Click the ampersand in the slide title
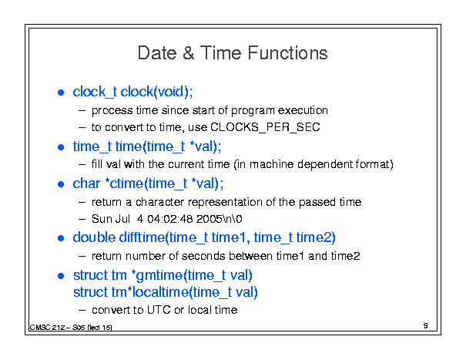pos(189,53)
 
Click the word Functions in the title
pos(287,53)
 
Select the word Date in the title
pos(157,53)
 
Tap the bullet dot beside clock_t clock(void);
pos(61,93)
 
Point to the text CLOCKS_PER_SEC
pos(265,127)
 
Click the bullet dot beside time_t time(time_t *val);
pos(61,147)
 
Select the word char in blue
pos(86,183)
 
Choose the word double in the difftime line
pos(94,237)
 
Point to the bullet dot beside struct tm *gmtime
pos(61,276)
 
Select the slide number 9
pos(426,325)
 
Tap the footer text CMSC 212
pos(47,328)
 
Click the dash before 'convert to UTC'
pos(82,311)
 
